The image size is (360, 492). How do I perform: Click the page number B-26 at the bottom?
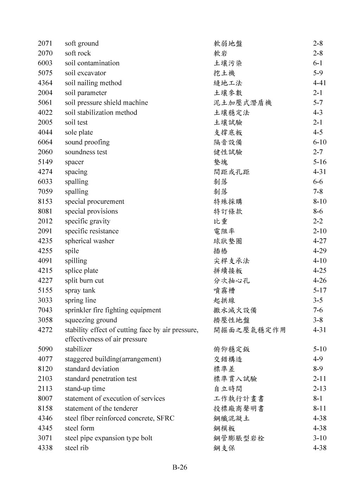point(180,467)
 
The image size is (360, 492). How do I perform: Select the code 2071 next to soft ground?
point(45,44)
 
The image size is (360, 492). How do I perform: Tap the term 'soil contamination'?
point(92,63)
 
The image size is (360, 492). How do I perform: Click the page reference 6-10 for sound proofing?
point(319,142)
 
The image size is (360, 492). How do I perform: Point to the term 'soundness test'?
point(86,152)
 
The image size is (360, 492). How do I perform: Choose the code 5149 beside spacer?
point(45,162)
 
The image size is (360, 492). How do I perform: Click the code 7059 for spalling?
point(45,192)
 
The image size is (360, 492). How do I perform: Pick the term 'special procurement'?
point(94,202)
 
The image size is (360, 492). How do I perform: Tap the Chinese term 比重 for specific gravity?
point(220,221)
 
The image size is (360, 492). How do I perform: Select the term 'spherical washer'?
point(89,241)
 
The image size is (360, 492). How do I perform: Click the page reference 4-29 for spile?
point(319,251)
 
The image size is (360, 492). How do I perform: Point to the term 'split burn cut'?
point(84,280)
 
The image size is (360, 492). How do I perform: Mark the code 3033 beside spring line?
point(45,300)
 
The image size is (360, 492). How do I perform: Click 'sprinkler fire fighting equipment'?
point(113,310)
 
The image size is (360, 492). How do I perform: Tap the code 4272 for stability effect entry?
point(45,330)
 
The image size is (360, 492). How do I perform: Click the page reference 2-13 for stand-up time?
point(319,389)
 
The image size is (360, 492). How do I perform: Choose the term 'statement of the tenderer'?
point(101,408)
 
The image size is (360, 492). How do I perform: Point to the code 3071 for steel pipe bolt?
point(45,438)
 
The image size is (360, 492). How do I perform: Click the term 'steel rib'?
point(77,448)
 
